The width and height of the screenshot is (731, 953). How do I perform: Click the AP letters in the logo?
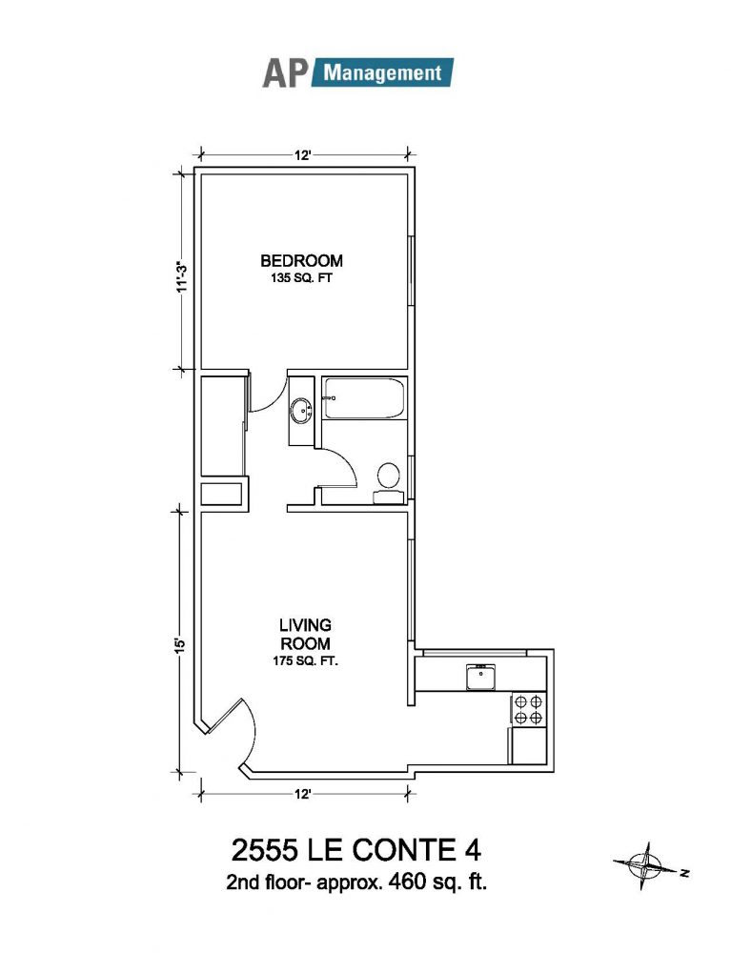[284, 73]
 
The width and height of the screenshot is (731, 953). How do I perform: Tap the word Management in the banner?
[382, 73]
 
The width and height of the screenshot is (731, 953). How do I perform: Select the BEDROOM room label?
[301, 261]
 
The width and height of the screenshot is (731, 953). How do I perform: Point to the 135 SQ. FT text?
[301, 279]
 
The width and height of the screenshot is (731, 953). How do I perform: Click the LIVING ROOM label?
[305, 634]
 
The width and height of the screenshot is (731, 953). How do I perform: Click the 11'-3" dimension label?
[180, 277]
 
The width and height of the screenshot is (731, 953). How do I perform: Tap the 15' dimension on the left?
[180, 643]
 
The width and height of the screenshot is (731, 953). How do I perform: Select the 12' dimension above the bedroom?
[303, 155]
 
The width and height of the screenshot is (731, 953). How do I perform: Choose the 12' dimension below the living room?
[303, 795]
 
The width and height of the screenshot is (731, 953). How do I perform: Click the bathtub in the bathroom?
[364, 398]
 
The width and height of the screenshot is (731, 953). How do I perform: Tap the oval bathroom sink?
[301, 411]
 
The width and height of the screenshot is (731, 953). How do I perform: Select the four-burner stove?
[528, 710]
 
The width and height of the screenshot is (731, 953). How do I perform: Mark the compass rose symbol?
[646, 866]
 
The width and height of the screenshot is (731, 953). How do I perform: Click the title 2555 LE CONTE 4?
[356, 850]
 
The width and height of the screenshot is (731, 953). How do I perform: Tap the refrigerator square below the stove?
[528, 746]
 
